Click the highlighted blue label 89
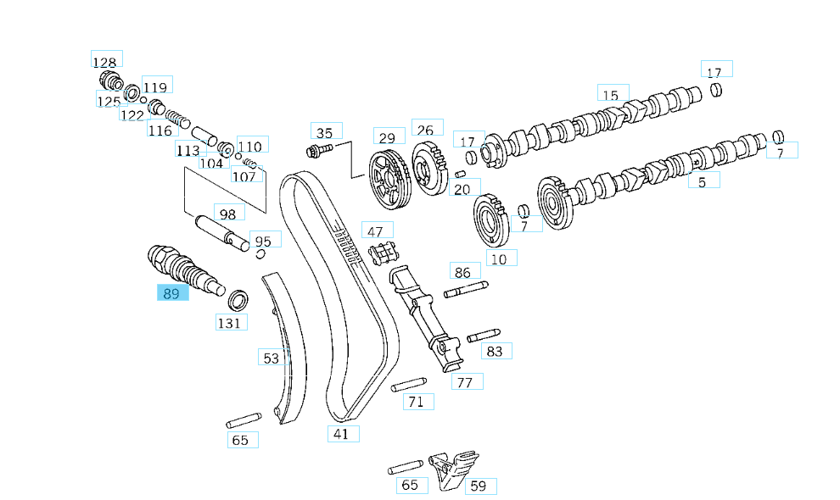click(172, 293)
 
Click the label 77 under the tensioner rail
click(466, 381)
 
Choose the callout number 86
click(463, 271)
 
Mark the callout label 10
click(500, 258)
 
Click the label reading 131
click(230, 322)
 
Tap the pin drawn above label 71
click(408, 384)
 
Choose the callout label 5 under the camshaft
click(703, 180)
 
